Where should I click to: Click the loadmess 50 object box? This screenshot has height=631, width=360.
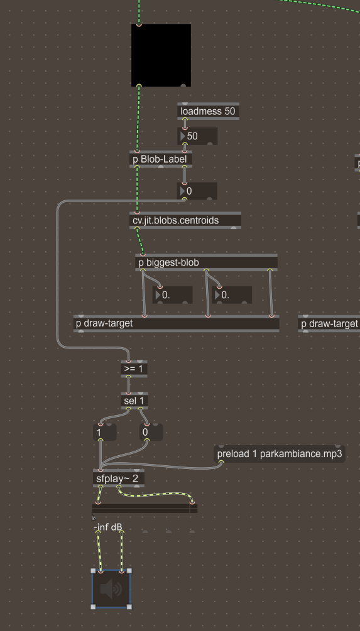point(208,111)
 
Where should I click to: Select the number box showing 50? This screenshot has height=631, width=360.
point(197,136)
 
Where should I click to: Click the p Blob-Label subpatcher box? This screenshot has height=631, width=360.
point(161,159)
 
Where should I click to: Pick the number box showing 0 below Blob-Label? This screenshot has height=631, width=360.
point(197,191)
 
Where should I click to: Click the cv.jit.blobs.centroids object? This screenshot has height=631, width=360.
point(185,220)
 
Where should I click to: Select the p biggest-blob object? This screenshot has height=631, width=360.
point(206,263)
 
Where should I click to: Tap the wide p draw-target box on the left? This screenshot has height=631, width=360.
point(177,323)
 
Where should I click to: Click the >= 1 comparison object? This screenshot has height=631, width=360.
point(134,369)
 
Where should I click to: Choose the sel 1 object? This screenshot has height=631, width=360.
point(134,401)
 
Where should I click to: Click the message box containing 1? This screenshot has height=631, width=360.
point(105,432)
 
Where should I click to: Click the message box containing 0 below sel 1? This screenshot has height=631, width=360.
point(151,432)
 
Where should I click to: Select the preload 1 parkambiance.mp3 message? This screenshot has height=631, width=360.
point(280,454)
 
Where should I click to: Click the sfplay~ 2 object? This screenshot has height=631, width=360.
point(118,479)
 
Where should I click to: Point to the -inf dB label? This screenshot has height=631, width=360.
point(108,527)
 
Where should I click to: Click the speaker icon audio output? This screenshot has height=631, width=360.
point(111,589)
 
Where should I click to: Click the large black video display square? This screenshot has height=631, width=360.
point(161,55)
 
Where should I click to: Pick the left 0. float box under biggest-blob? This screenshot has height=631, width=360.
point(172,295)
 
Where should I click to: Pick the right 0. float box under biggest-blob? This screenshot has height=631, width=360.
point(232,295)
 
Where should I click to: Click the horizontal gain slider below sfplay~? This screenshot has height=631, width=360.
point(145,509)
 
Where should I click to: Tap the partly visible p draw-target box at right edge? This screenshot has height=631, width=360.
point(329,323)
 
